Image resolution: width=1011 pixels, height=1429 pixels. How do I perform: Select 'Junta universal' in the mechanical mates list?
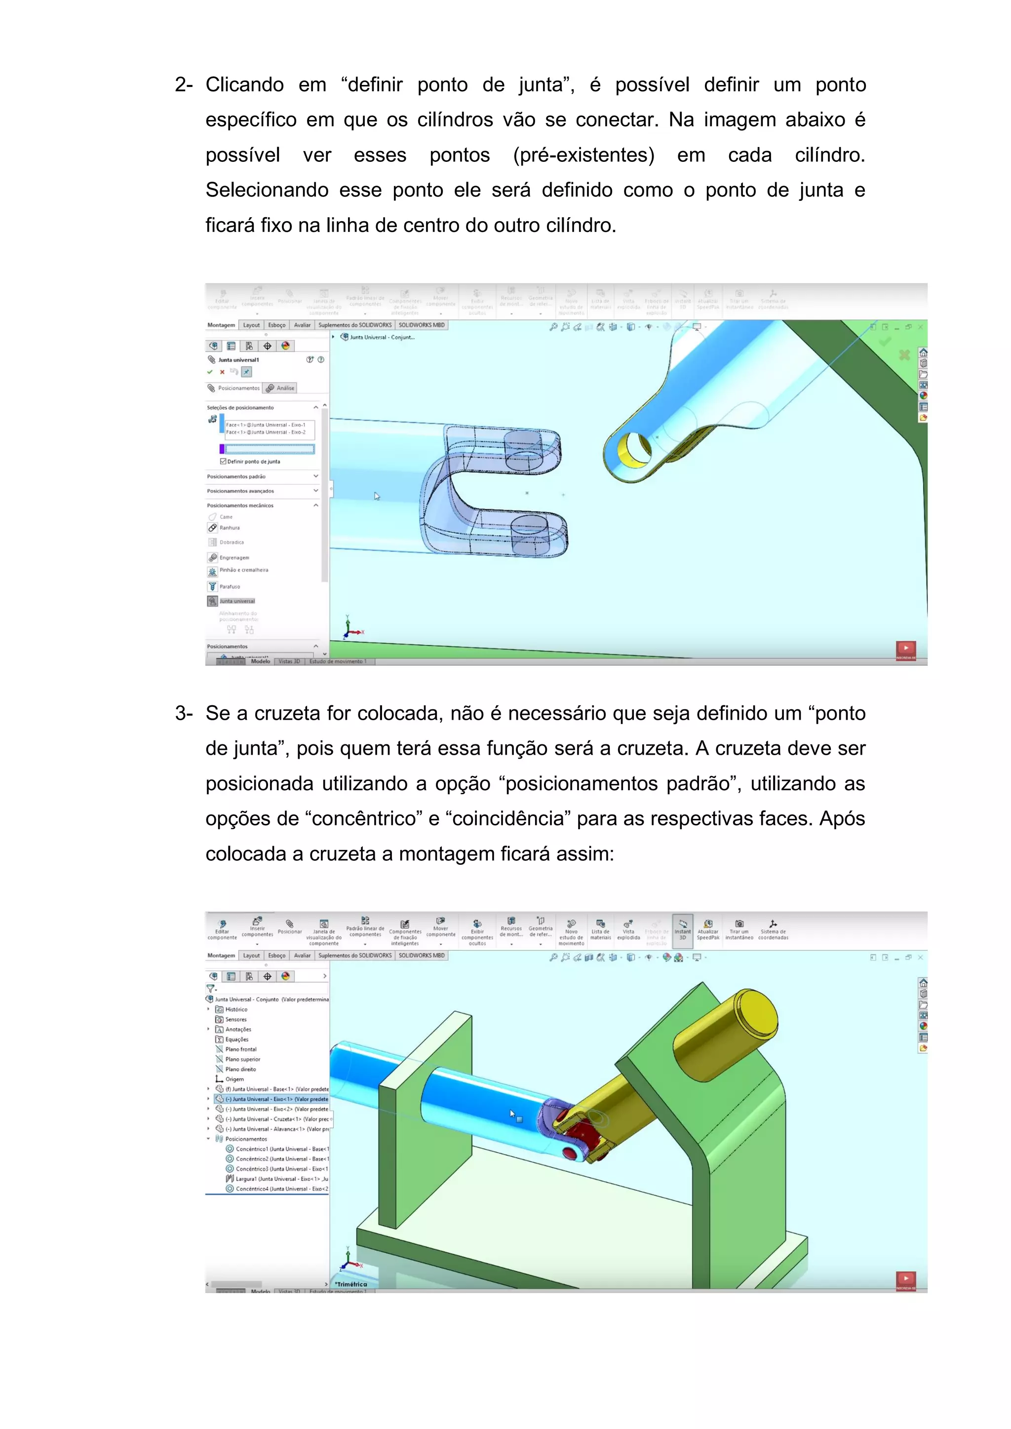(x=236, y=601)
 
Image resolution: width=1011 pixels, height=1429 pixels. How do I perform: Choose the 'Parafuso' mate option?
(x=229, y=586)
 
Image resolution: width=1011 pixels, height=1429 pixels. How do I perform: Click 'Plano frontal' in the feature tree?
(x=240, y=1049)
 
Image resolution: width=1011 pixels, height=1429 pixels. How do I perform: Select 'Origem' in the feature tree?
(x=234, y=1079)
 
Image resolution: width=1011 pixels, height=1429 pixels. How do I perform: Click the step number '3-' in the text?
(x=184, y=713)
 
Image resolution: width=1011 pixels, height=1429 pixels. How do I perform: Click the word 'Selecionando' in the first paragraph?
(x=267, y=190)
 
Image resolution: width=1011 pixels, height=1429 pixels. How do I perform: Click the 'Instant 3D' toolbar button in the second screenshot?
(x=682, y=930)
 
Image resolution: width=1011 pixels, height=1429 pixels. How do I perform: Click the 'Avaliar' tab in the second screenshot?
(x=302, y=955)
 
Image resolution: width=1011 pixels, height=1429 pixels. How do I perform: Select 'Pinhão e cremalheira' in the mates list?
(x=243, y=570)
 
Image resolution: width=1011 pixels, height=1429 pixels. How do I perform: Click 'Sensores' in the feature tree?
(x=235, y=1019)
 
